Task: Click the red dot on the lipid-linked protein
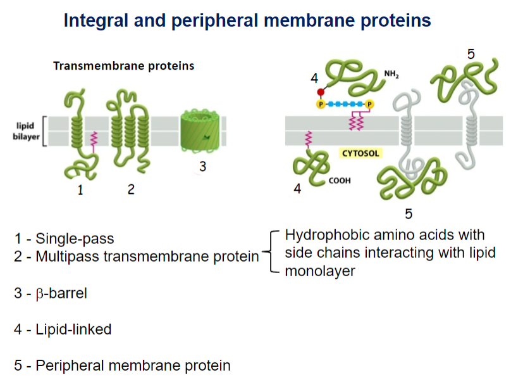pos(321,92)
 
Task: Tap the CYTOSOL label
pos(360,153)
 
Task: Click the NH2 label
pos(391,74)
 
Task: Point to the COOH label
pos(340,181)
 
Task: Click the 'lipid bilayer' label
pos(26,131)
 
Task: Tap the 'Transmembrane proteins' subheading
pos(124,66)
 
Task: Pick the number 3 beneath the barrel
pos(203,167)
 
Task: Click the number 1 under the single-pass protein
pos(80,190)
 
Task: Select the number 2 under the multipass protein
pos(131,189)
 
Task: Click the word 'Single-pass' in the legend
pos(75,239)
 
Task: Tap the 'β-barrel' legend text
pos(61,293)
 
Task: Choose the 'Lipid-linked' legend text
pos(73,329)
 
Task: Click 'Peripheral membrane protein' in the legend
pos(133,366)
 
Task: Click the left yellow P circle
pos(321,105)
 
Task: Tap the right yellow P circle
pos(369,105)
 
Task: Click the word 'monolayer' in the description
pos(320,271)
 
